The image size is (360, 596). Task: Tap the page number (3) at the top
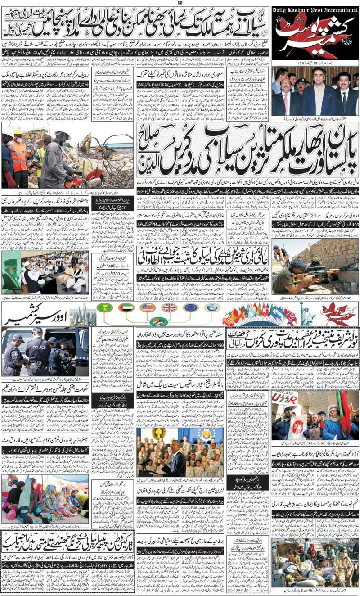(x=180, y=3)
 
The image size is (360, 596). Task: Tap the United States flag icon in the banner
(x=148, y=307)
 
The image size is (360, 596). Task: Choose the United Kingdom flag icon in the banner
(x=169, y=307)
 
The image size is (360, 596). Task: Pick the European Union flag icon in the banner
(x=191, y=307)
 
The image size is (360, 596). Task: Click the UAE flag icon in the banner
(x=126, y=307)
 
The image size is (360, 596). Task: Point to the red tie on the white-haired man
(x=285, y=103)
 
